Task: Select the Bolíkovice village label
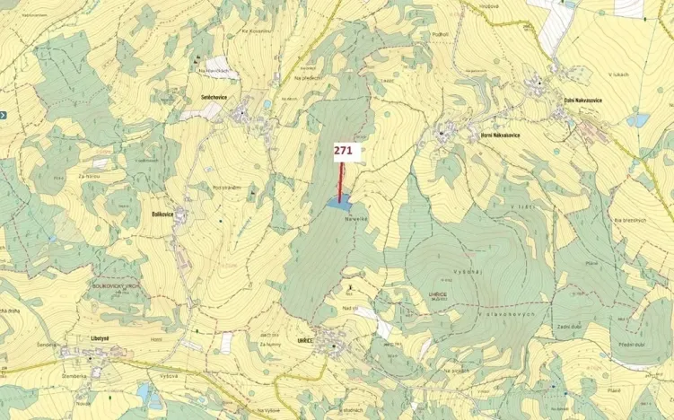[x=162, y=214]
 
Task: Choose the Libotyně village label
[x=100, y=338]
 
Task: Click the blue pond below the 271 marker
[x=338, y=205]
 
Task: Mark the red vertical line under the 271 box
[x=341, y=182]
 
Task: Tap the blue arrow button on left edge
[x=3, y=115]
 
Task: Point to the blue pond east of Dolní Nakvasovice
[x=638, y=120]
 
